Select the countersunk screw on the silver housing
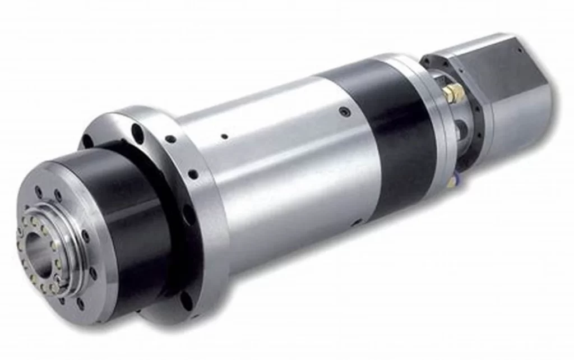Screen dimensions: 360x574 click(x=342, y=112)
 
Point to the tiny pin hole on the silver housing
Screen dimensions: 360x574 click(x=224, y=136)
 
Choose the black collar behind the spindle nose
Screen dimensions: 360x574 click(x=129, y=213)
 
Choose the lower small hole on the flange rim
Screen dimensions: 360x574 click(x=193, y=174)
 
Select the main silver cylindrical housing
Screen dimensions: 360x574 click(x=280, y=168)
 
